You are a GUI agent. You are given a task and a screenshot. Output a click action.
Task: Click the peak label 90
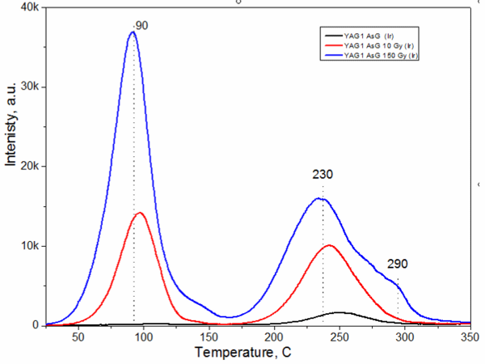point(141,27)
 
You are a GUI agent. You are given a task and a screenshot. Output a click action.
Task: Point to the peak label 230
point(323,174)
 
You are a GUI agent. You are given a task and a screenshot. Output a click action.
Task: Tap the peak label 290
point(397,264)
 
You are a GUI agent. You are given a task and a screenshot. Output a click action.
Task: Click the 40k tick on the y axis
point(29,7)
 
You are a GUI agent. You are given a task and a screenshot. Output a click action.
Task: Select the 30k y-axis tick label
point(29,87)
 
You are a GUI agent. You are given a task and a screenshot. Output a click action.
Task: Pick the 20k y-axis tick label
point(29,166)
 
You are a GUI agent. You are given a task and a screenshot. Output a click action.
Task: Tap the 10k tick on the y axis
point(29,246)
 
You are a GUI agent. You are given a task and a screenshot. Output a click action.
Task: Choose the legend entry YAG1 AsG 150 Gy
point(381,54)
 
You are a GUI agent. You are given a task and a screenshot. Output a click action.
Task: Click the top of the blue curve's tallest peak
point(133,32)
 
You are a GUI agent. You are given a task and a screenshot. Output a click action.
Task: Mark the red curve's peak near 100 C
point(140,213)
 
